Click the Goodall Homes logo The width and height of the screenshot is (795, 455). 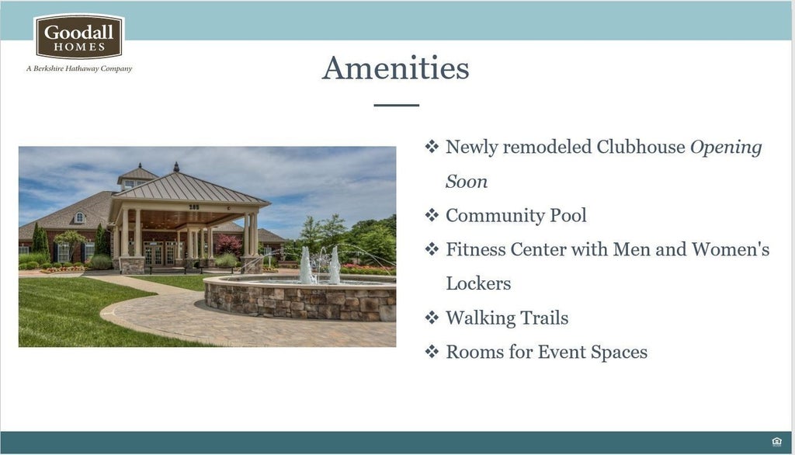pyautogui.click(x=78, y=36)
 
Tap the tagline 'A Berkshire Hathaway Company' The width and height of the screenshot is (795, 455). pyautogui.click(x=79, y=68)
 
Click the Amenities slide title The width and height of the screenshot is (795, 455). pyautogui.click(x=396, y=68)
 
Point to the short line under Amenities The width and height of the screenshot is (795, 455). pyautogui.click(x=397, y=105)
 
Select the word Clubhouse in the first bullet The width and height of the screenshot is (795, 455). pyautogui.click(x=641, y=147)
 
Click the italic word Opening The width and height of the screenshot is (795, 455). pyautogui.click(x=726, y=148)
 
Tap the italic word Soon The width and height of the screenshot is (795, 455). pyautogui.click(x=467, y=182)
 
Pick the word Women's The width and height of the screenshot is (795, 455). pyautogui.click(x=731, y=249)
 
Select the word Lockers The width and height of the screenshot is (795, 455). pyautogui.click(x=478, y=283)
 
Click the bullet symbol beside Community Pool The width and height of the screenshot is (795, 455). pyautogui.click(x=432, y=215)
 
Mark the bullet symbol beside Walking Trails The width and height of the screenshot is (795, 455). pyautogui.click(x=432, y=318)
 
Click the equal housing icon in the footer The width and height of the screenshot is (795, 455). pyautogui.click(x=776, y=442)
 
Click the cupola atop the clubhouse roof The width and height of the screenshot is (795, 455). pyautogui.click(x=137, y=177)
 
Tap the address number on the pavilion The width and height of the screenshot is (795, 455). pyautogui.click(x=194, y=207)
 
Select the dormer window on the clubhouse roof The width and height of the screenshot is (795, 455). pyautogui.click(x=80, y=217)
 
